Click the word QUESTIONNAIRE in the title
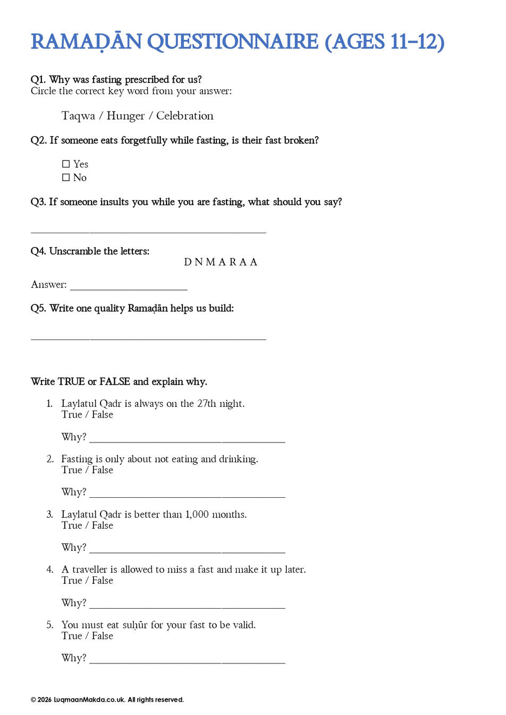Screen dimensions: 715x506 pyautogui.click(x=232, y=42)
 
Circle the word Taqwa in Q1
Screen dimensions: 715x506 pyautogui.click(x=78, y=116)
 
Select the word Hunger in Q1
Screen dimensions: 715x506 pyautogui.click(x=125, y=116)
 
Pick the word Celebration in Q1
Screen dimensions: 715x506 pyautogui.click(x=184, y=116)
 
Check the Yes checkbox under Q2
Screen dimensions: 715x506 pyautogui.click(x=66, y=164)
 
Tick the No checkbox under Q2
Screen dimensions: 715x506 pyautogui.click(x=66, y=177)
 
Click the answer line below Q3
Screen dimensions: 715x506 pyautogui.click(x=148, y=232)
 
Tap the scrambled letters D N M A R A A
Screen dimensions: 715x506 pyautogui.click(x=221, y=262)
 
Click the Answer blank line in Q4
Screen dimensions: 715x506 pyautogui.click(x=129, y=288)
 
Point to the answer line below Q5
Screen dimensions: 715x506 pyautogui.click(x=148, y=338)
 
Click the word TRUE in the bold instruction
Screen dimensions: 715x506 pyautogui.click(x=71, y=381)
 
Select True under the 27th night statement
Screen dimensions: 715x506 pyautogui.click(x=72, y=415)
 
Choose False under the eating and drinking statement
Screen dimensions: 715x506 pyautogui.click(x=103, y=470)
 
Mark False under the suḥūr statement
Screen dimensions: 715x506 pyautogui.click(x=103, y=636)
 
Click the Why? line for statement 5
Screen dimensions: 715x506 pyautogui.click(x=187, y=661)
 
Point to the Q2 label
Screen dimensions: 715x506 pyautogui.click(x=38, y=140)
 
